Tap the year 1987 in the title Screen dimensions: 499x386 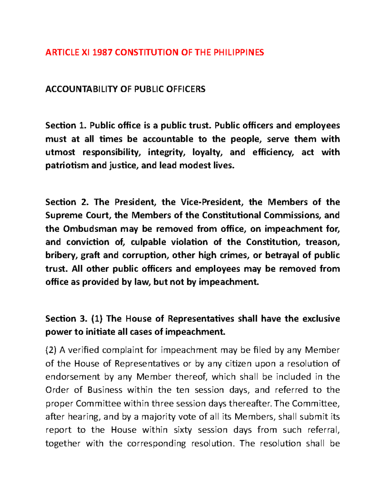pyautogui.click(x=102, y=52)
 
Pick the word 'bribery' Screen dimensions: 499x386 pyautogui.click(x=61, y=255)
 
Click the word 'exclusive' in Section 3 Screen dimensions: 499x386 pyautogui.click(x=321, y=318)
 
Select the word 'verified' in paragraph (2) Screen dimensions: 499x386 pyautogui.click(x=84, y=350)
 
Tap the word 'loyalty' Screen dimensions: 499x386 pyautogui.click(x=205, y=152)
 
